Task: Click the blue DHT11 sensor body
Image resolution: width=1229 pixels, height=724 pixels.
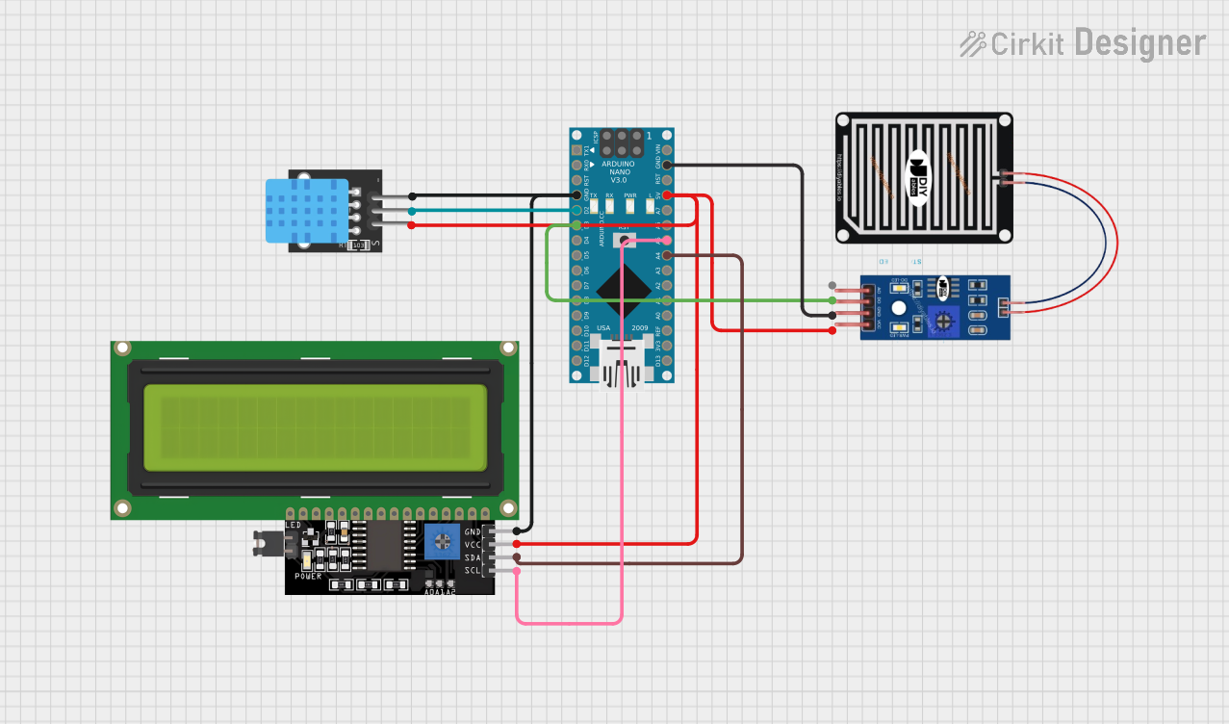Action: (306, 211)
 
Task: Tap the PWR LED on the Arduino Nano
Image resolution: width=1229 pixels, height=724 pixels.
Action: (629, 203)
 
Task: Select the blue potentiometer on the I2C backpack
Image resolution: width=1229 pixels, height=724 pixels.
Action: (442, 541)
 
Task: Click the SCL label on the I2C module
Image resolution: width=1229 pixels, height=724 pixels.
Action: (473, 571)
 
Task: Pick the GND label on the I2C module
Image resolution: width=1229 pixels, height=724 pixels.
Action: (473, 531)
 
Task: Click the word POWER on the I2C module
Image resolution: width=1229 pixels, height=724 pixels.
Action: (308, 576)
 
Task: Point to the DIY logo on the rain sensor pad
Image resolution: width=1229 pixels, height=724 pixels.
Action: (920, 176)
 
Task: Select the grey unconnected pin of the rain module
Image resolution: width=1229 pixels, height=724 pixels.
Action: (832, 286)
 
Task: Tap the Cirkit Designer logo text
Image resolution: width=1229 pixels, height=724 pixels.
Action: (1084, 43)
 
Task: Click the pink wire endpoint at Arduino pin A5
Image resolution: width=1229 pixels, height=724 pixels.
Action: (666, 240)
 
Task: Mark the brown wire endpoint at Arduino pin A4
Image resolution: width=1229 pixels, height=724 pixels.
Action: (666, 255)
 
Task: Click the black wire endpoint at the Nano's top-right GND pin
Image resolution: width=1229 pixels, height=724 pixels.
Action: (666, 165)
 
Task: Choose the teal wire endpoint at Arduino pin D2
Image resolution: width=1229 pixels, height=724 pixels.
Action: (576, 211)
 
